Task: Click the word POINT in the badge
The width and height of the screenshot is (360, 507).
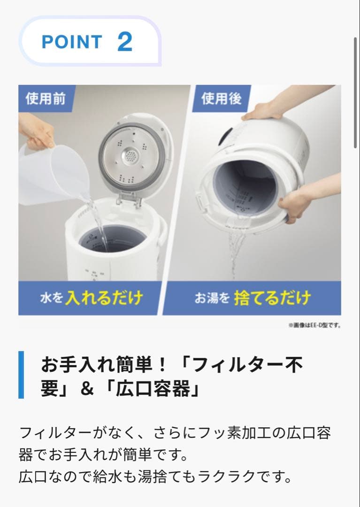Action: pyautogui.click(x=71, y=42)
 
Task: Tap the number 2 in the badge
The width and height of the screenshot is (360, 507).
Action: pyautogui.click(x=125, y=42)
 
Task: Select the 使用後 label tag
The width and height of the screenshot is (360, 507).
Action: pyautogui.click(x=221, y=99)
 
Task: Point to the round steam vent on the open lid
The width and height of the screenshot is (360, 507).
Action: pyautogui.click(x=130, y=156)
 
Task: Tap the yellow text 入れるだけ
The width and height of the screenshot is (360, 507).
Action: pyautogui.click(x=104, y=298)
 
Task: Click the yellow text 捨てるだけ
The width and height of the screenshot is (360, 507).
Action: pyautogui.click(x=272, y=298)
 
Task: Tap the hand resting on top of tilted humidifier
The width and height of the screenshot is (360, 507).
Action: pyautogui.click(x=263, y=111)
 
